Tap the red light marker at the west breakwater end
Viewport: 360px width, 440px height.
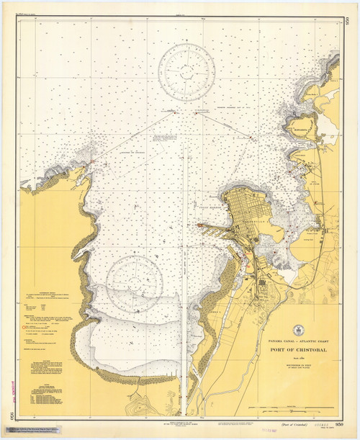tap(174, 112)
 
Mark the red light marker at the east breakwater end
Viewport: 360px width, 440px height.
tap(197, 112)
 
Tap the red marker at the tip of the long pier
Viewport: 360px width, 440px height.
tap(199, 225)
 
